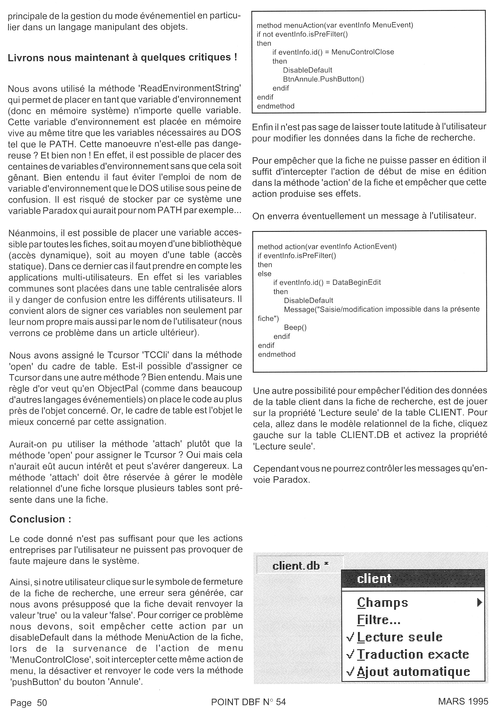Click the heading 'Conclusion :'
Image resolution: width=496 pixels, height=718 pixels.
(x=40, y=519)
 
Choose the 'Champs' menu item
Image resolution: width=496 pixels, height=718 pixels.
(x=382, y=603)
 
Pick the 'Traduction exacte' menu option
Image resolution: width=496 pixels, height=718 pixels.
(x=413, y=654)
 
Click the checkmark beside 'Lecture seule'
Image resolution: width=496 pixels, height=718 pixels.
(x=350, y=638)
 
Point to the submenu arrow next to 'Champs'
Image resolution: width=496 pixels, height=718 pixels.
(x=479, y=603)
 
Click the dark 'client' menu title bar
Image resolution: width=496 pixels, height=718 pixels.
(x=413, y=579)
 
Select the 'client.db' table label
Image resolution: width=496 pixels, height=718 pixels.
(x=296, y=566)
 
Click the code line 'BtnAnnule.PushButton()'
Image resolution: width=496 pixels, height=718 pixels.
(x=323, y=79)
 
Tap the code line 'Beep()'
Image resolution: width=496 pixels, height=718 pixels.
(x=295, y=328)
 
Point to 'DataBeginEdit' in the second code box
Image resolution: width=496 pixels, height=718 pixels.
(x=356, y=282)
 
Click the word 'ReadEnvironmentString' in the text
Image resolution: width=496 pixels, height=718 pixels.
(x=190, y=88)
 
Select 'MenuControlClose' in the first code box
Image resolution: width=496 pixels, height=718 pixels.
(x=363, y=52)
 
